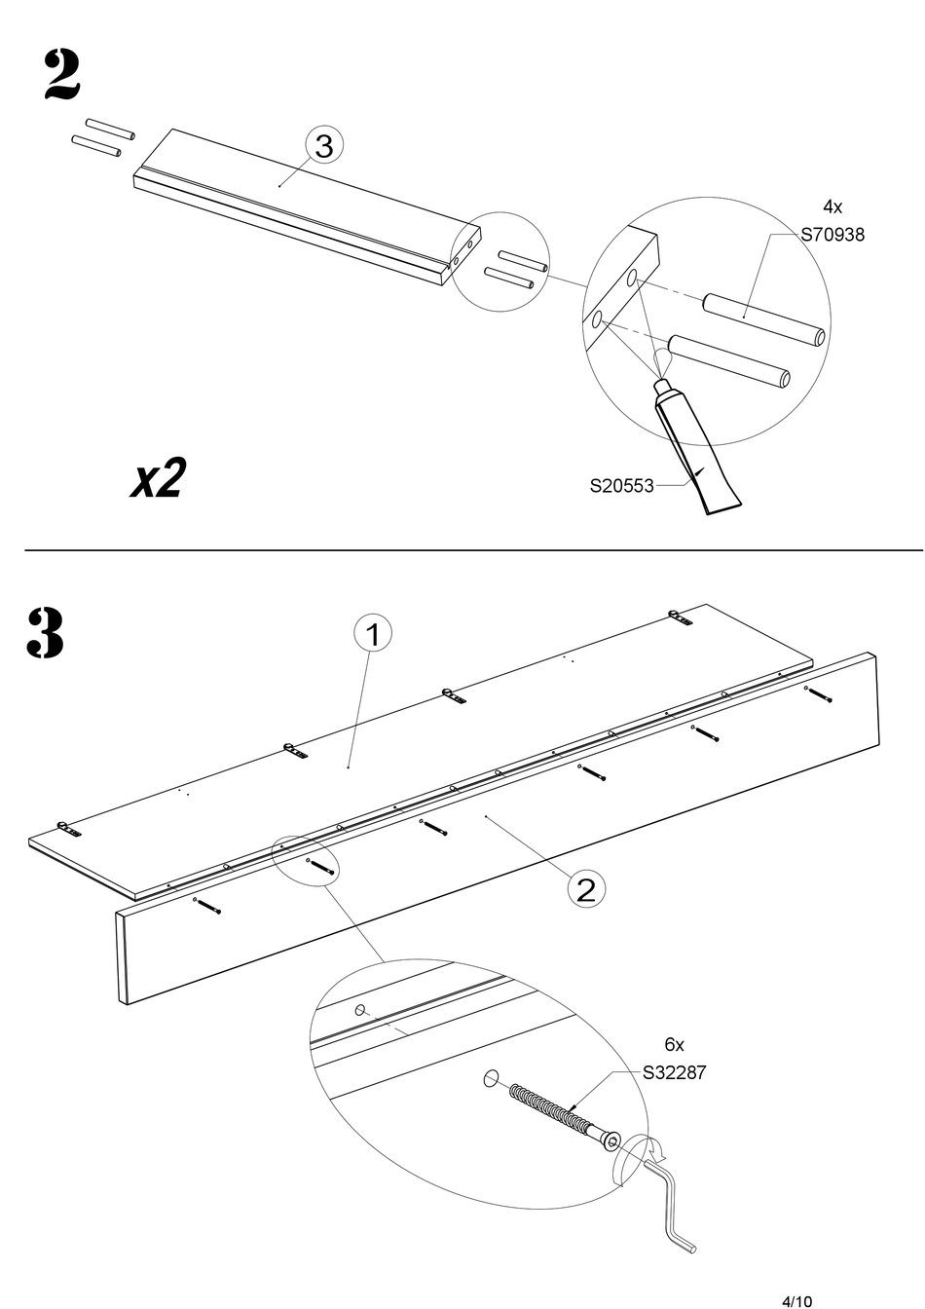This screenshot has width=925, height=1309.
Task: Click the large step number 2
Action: pos(61,75)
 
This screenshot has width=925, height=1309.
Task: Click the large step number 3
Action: pos(45,632)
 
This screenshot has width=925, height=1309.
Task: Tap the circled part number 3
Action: pos(323,145)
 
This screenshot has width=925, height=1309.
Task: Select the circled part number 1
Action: pos(373,634)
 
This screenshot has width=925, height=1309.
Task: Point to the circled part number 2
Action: pos(586,890)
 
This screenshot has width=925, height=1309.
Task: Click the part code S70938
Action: pos(832,235)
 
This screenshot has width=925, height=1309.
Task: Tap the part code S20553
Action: pos(622,486)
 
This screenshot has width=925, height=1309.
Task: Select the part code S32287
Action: pos(675,1073)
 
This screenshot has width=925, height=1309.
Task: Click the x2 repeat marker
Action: pos(158,477)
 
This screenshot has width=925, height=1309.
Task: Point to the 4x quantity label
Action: pos(832,206)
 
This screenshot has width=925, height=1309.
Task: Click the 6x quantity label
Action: pos(675,1044)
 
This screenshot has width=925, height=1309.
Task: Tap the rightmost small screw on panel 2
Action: pos(818,694)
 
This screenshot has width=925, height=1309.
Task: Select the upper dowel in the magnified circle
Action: pos(764,320)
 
